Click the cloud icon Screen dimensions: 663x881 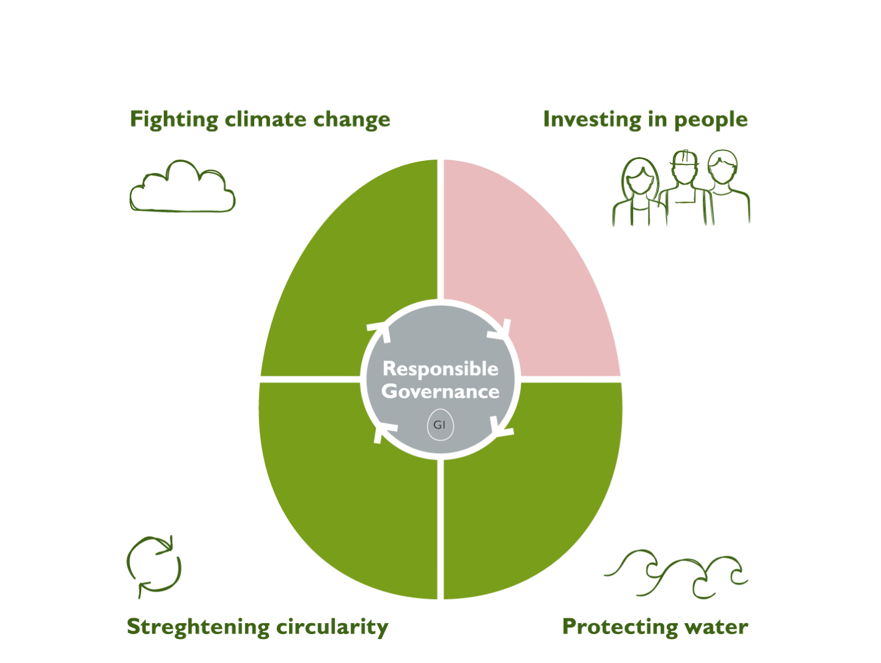click(x=183, y=188)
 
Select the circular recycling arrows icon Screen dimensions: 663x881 click(x=154, y=565)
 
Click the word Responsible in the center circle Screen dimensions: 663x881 click(x=440, y=369)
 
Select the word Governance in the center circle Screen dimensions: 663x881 click(x=440, y=392)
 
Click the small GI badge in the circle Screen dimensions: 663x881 click(x=440, y=425)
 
